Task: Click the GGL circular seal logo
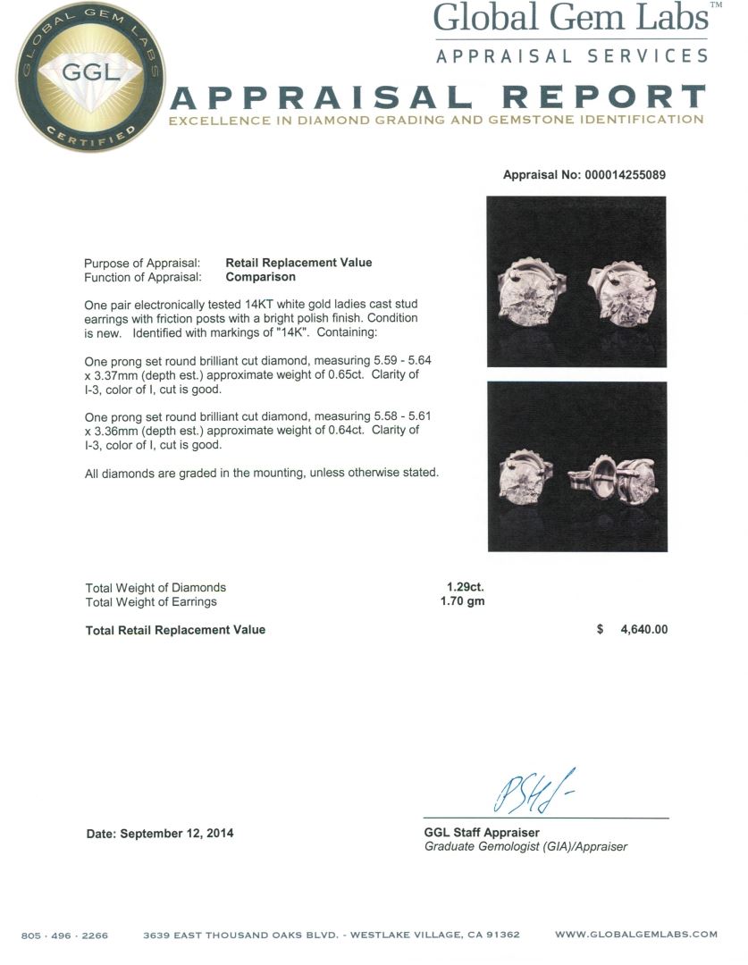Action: point(78,77)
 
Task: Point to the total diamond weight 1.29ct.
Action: point(465,587)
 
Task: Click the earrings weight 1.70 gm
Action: point(463,601)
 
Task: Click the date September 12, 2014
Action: point(160,833)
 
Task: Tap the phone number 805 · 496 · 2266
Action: point(64,935)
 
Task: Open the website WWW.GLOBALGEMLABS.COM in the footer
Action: point(635,935)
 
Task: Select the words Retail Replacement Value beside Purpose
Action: point(298,263)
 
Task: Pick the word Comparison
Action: point(260,277)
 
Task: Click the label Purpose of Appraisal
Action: point(142,263)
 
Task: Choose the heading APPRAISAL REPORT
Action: point(437,98)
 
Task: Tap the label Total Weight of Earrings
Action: point(151,601)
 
